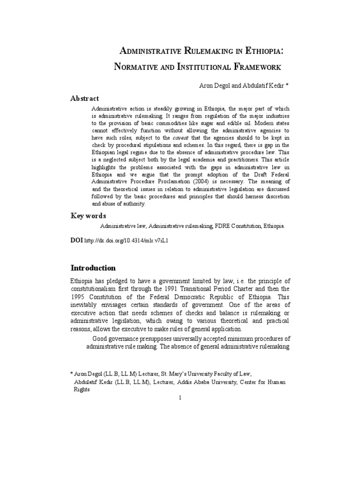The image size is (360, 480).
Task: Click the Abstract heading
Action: pos(85,98)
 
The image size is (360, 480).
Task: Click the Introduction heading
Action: pos(93,268)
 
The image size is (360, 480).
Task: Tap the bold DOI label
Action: pos(76,240)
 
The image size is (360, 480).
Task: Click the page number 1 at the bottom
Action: pos(180,397)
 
